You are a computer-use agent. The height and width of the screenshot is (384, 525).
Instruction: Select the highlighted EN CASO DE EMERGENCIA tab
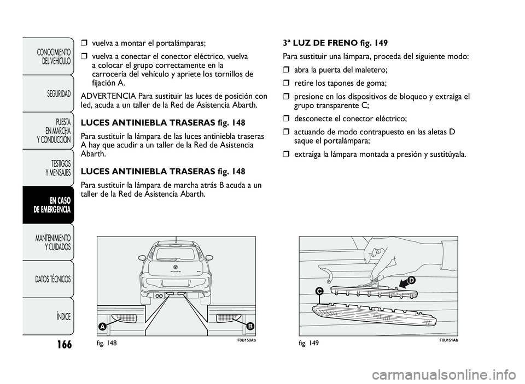(52, 205)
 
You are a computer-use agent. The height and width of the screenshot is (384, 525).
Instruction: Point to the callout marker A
(102, 326)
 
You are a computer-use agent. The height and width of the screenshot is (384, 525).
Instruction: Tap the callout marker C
(318, 292)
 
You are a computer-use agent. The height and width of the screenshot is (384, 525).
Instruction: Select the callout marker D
(411, 280)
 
